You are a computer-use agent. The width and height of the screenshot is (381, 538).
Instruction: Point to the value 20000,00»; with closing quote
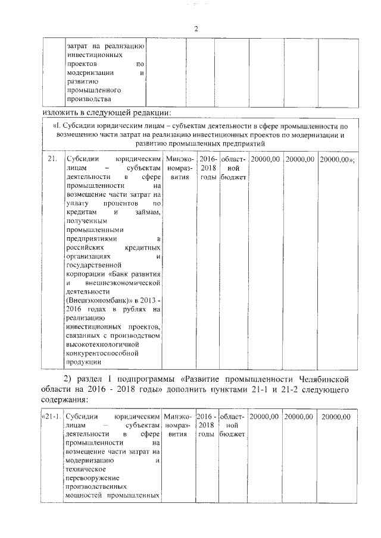click(x=337, y=160)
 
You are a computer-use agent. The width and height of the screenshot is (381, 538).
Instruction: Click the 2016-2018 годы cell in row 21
click(x=208, y=168)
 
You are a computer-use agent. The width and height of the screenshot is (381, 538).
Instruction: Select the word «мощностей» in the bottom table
click(x=83, y=495)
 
